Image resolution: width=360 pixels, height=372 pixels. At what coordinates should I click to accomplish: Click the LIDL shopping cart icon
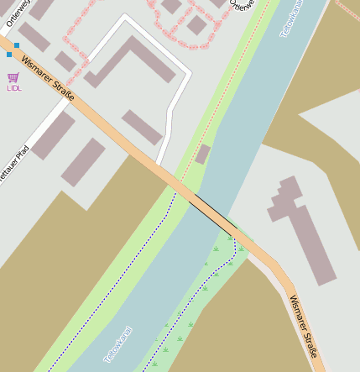coord(13,77)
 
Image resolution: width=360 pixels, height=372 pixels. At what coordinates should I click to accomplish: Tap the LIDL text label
coord(14,87)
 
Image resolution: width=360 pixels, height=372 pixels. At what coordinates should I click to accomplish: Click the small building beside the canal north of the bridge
coord(202,155)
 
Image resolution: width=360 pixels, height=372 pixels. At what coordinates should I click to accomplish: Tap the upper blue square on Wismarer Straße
coord(17,45)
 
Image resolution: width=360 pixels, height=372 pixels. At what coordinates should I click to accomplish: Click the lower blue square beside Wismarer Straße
coord(8,55)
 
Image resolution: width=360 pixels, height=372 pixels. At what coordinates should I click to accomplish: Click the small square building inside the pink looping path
coord(196,25)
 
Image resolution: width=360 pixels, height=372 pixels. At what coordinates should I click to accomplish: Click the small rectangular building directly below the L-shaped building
coord(142,127)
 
